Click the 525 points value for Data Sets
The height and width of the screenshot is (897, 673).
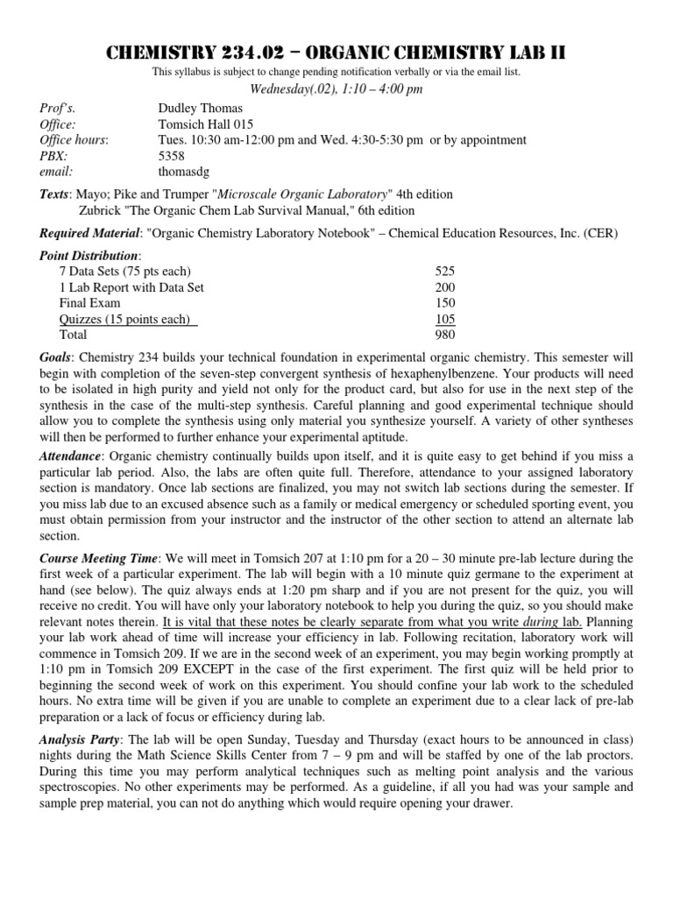coord(445,272)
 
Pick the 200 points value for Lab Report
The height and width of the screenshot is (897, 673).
coord(445,288)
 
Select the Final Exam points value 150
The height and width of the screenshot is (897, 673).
coord(445,304)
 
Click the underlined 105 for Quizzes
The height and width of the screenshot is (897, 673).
coord(445,320)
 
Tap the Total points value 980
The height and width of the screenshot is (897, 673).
coord(445,335)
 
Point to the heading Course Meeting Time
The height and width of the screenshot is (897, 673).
coord(99,558)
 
